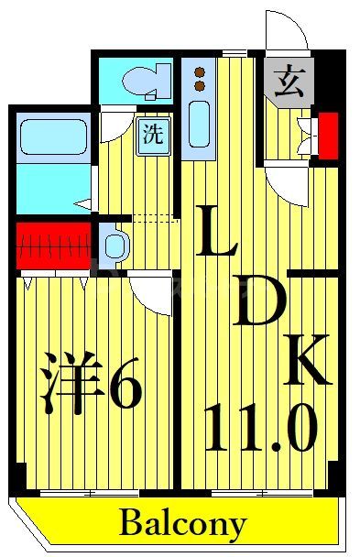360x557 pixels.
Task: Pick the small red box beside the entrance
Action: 327,131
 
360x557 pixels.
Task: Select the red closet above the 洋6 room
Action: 53,245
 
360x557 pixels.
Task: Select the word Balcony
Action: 182,525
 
